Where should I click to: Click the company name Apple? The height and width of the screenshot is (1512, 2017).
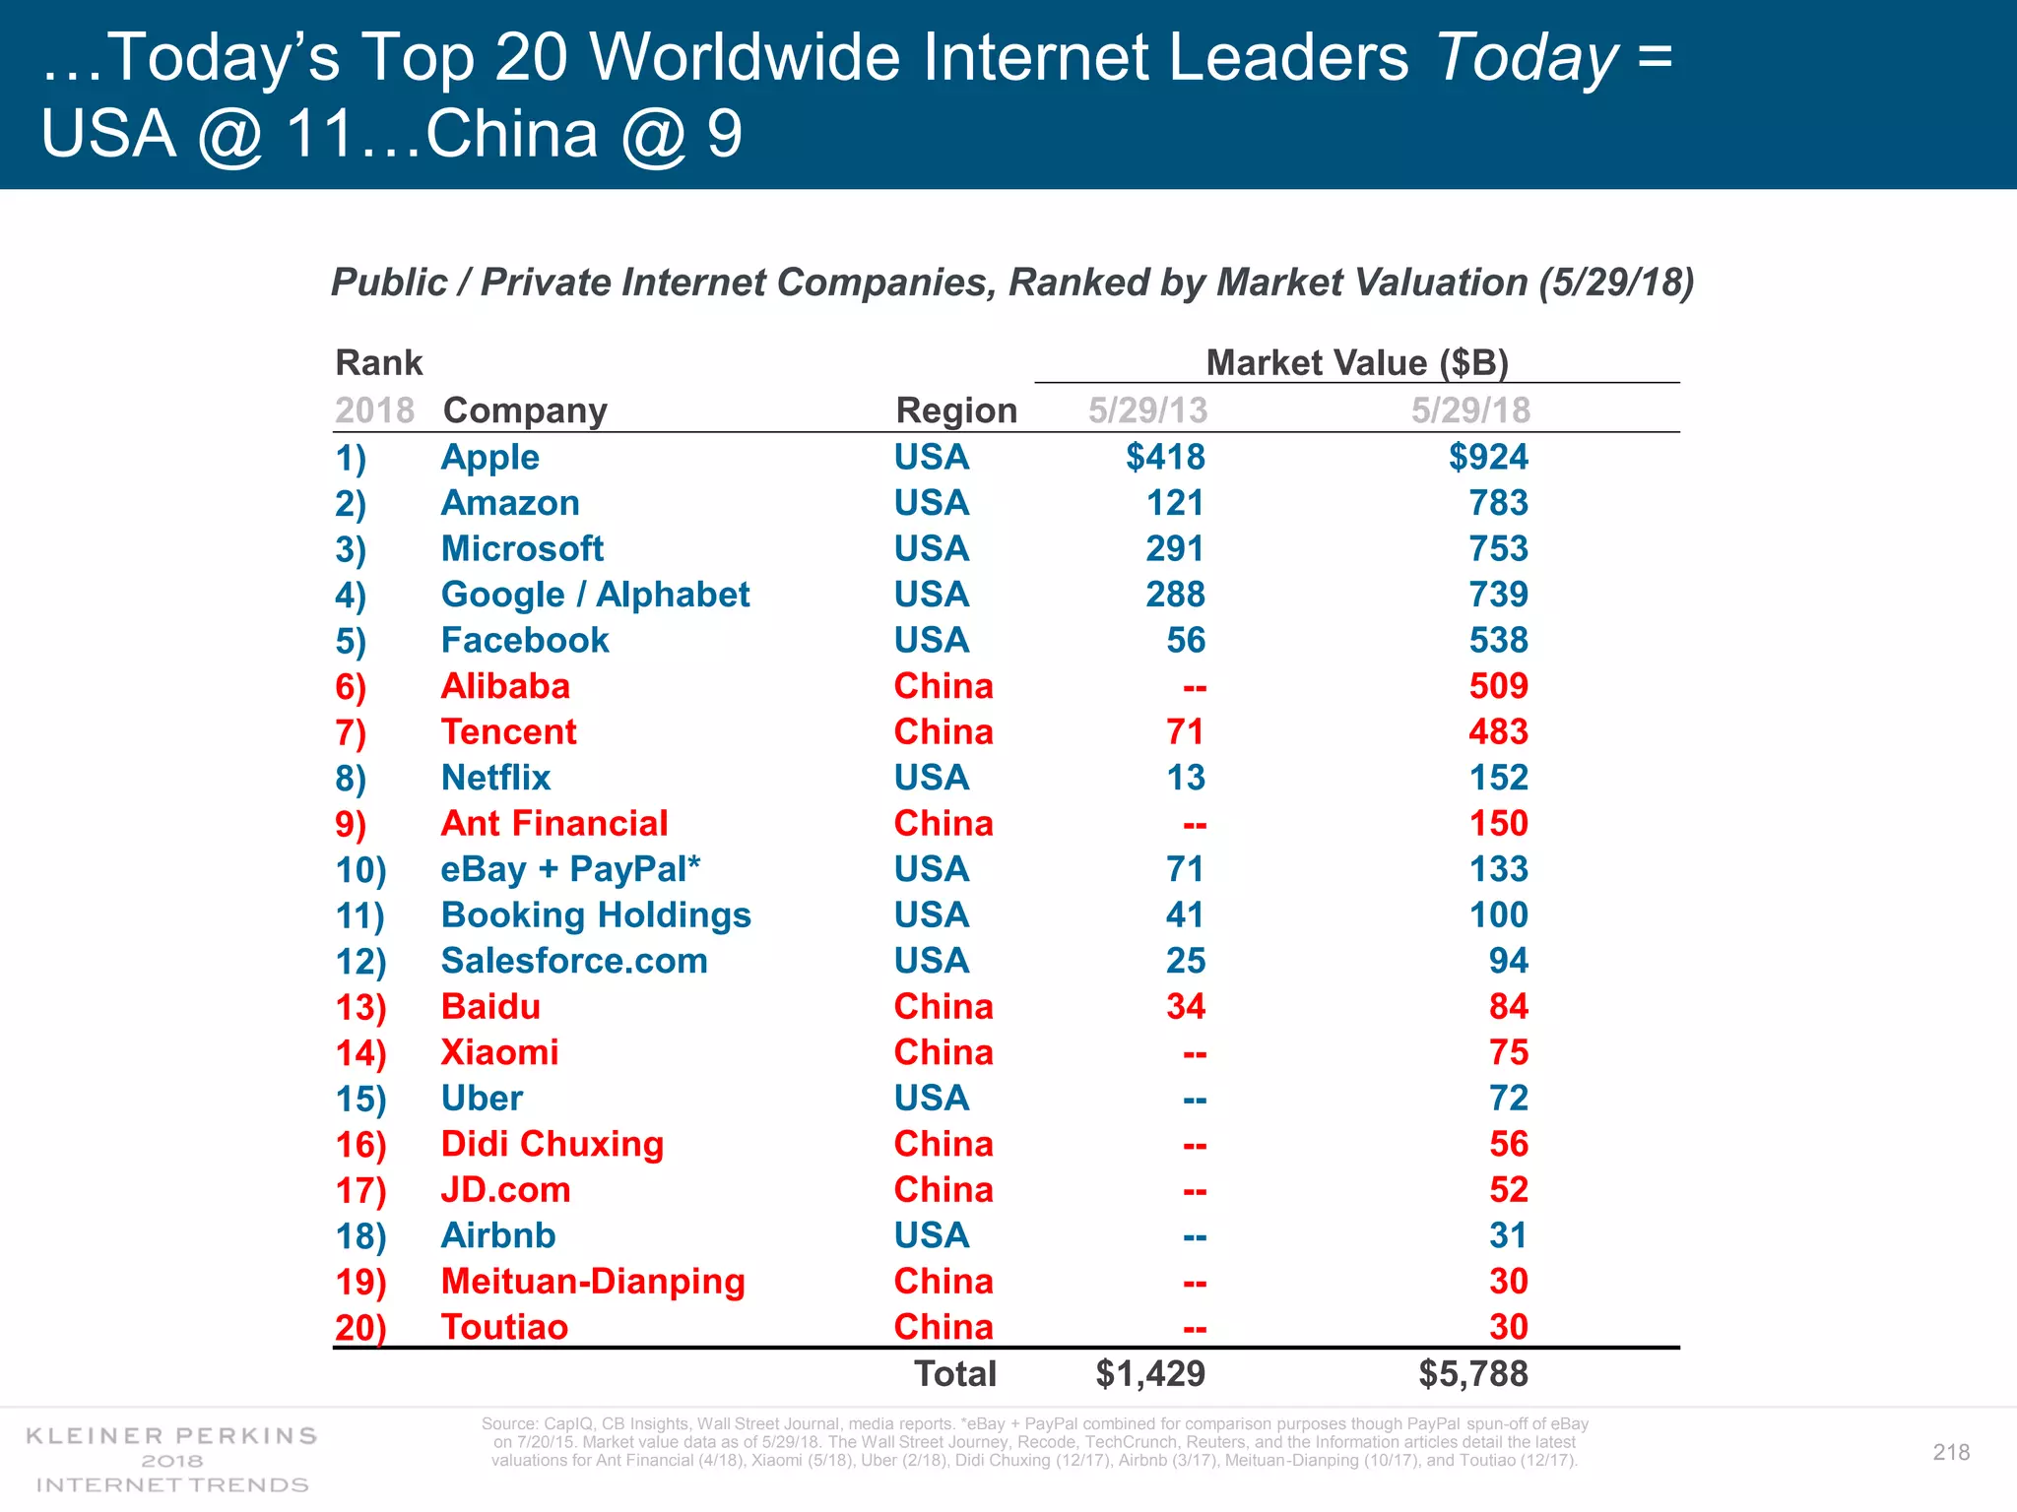(489, 458)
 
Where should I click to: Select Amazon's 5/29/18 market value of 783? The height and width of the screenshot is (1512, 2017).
(1498, 503)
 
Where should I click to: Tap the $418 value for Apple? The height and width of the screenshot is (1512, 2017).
(1165, 458)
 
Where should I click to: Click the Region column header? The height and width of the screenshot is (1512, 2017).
(955, 410)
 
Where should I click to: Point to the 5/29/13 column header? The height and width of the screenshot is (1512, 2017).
(1147, 410)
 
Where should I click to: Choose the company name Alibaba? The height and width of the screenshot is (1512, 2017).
(505, 686)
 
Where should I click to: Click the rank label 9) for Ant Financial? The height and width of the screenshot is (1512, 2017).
(351, 824)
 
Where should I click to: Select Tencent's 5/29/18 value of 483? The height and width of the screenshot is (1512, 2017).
(1498, 732)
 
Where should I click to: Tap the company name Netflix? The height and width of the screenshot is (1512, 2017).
(495, 778)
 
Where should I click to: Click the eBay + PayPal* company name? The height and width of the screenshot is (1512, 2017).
(570, 869)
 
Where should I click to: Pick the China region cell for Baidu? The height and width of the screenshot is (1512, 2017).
(943, 1007)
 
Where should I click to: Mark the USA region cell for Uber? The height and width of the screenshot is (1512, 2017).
(931, 1099)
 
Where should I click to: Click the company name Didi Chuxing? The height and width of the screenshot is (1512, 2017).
(552, 1144)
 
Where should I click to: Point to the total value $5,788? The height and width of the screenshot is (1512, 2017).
(1472, 1374)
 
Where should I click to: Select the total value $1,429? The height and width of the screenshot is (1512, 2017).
(1149, 1374)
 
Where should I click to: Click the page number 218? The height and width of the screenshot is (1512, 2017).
(1950, 1452)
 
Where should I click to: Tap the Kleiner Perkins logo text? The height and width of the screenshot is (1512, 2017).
(171, 1436)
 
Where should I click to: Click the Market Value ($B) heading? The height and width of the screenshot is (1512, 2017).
(1356, 363)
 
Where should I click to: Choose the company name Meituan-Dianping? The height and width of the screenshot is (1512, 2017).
(592, 1282)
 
